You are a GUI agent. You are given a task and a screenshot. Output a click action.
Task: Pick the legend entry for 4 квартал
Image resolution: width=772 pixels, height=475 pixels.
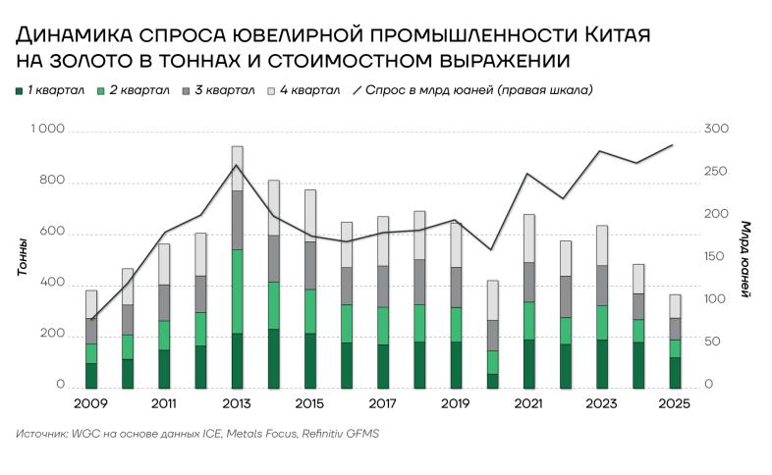(303, 90)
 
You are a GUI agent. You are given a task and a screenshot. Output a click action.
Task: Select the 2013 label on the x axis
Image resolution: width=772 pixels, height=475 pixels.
(237, 403)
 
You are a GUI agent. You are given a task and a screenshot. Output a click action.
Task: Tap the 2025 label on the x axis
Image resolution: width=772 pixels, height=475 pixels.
(675, 403)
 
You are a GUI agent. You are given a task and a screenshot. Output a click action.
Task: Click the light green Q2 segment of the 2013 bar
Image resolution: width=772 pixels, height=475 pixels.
(237, 291)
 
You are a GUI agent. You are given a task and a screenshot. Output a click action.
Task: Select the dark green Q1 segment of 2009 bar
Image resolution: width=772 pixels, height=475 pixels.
(91, 376)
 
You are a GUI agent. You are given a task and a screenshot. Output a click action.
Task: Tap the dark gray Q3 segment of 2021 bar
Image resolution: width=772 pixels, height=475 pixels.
(528, 282)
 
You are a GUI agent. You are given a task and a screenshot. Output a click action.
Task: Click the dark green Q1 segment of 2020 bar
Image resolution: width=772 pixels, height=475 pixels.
(492, 381)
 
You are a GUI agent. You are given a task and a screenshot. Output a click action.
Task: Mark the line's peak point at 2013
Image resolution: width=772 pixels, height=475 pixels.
(237, 165)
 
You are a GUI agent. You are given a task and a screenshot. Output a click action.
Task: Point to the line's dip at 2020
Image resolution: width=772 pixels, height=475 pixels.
(492, 249)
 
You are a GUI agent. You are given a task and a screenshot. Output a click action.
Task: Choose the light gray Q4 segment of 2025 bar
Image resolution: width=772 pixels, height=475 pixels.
(675, 306)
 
